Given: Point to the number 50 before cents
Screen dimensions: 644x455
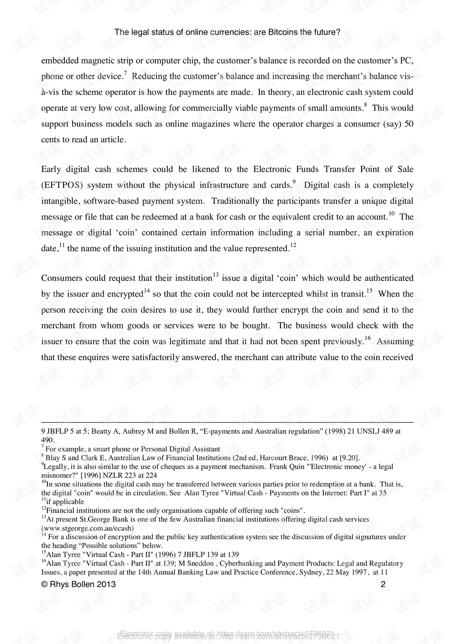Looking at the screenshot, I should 409,124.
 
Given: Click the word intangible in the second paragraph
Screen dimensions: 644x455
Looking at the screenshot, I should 60,201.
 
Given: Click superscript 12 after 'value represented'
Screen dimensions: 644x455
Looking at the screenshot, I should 293,245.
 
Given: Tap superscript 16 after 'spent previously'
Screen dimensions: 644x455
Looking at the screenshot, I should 367,338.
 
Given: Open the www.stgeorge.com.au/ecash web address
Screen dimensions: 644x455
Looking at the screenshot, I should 88,528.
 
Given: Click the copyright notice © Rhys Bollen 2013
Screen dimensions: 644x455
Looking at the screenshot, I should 79,584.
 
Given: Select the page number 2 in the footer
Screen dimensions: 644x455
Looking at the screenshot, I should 383,584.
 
